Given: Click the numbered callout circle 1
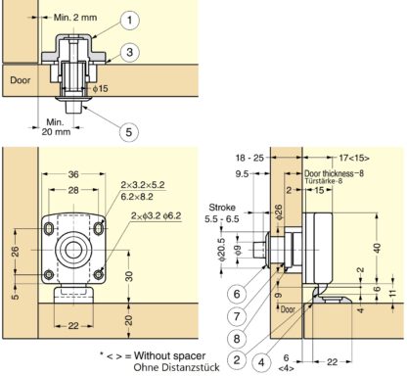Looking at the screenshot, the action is (x=129, y=20).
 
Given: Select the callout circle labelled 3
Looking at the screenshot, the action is (x=129, y=52).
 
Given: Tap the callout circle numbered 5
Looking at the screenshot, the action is (x=129, y=132).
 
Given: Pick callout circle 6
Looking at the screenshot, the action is (x=237, y=294).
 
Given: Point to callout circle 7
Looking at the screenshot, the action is (x=237, y=316).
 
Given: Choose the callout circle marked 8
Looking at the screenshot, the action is (x=237, y=339).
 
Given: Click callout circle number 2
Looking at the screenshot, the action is (x=237, y=360).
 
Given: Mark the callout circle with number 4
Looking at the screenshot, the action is (x=261, y=362).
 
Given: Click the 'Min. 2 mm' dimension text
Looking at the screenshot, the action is (x=75, y=18).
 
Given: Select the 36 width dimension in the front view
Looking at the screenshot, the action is (x=73, y=174).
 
